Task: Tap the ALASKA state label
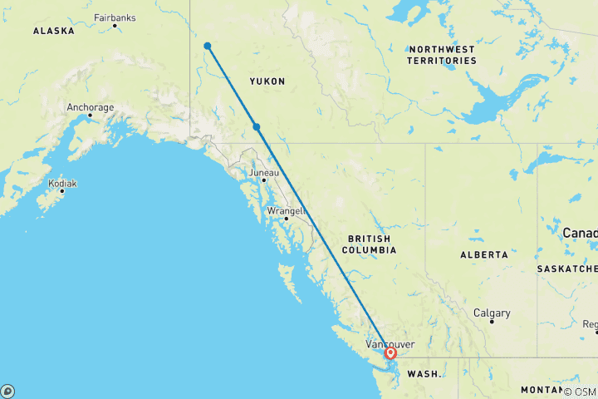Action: [53, 31]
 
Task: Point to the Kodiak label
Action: [62, 183]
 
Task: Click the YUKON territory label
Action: [267, 81]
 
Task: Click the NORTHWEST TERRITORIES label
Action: [442, 55]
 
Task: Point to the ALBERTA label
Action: [483, 254]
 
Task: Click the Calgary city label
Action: [492, 313]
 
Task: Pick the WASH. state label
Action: [423, 375]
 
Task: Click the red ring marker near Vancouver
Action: [390, 353]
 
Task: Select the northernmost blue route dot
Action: [207, 47]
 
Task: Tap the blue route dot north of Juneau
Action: [257, 127]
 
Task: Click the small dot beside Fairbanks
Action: [115, 26]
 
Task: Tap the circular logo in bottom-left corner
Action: [7, 391]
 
